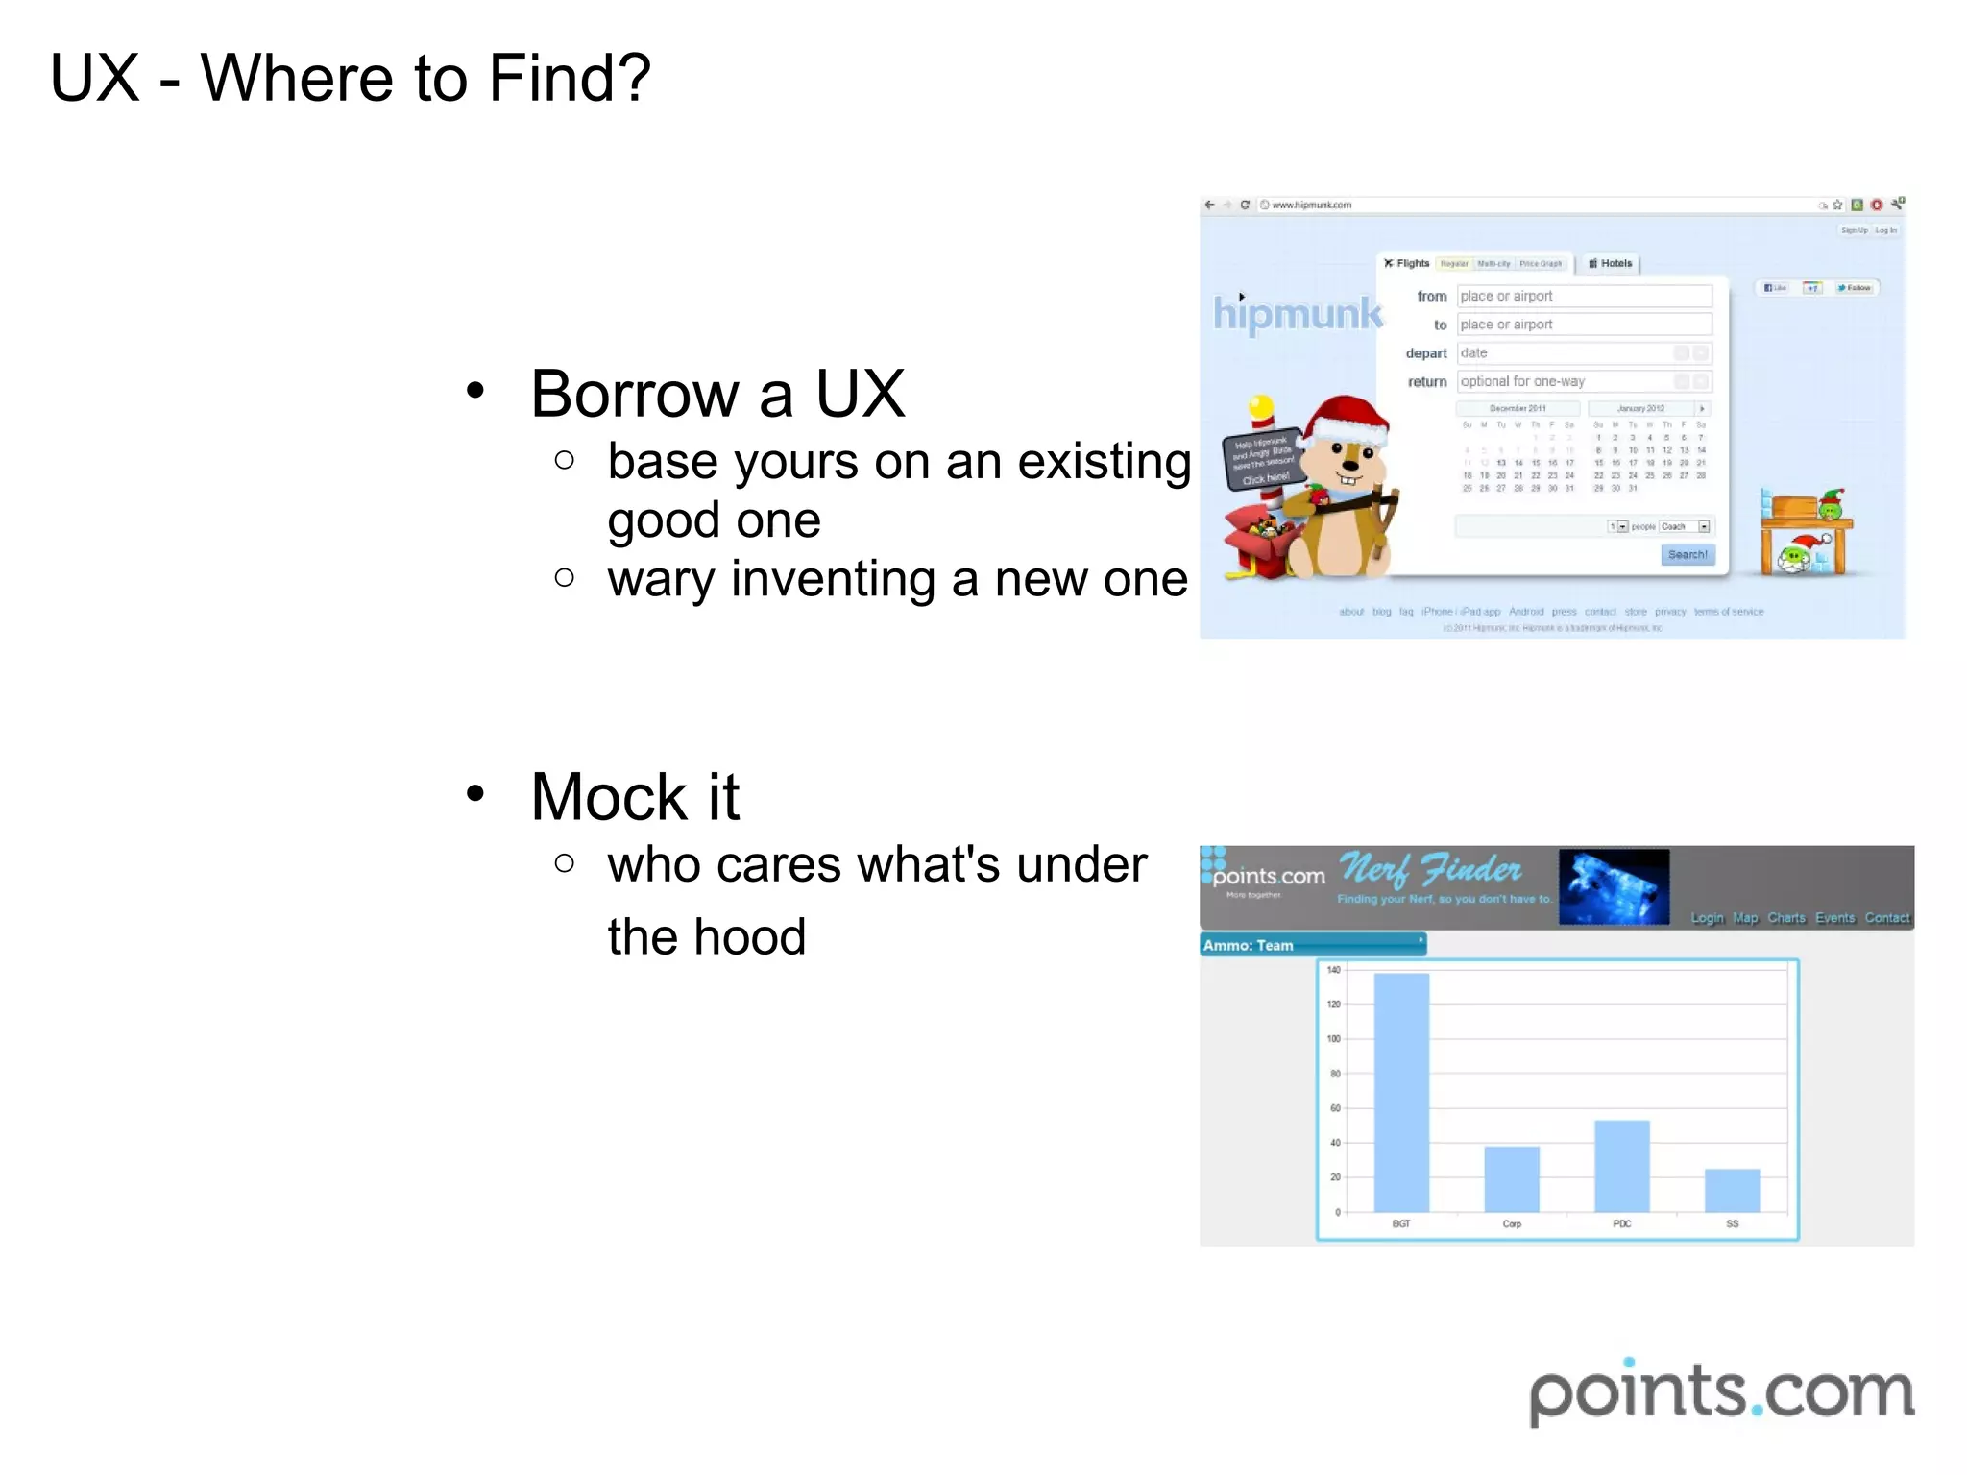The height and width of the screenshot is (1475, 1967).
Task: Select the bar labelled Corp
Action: (1512, 1178)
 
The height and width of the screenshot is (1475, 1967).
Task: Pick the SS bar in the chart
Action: (1732, 1190)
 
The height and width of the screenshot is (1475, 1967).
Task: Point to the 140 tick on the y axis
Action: (1333, 970)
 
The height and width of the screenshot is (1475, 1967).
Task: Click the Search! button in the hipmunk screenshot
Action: (1688, 555)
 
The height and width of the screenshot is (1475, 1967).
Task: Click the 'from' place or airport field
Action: (1583, 296)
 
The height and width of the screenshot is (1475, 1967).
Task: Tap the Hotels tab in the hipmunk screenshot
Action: (1611, 263)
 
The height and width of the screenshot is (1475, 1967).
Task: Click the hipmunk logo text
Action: (1298, 314)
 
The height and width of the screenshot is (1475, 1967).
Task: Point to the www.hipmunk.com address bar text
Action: (1311, 205)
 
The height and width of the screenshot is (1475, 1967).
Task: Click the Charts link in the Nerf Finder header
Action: (1785, 918)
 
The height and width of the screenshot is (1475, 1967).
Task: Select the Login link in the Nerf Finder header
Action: (1707, 918)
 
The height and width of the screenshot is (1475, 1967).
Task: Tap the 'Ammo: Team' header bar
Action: (1312, 945)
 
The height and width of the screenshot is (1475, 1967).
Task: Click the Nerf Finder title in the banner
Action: (1430, 870)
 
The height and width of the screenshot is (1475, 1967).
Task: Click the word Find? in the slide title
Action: (570, 78)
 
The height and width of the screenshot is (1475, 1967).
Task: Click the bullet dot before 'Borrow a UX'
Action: (474, 390)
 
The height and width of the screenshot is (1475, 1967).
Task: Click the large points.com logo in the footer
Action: (1721, 1392)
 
